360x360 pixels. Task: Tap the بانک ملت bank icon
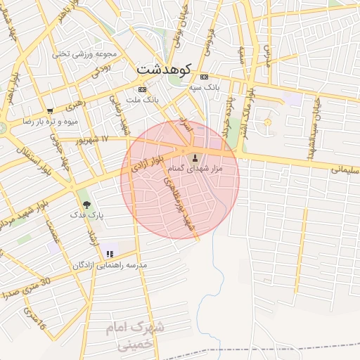click(x=143, y=90)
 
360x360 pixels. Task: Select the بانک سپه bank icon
click(x=204, y=77)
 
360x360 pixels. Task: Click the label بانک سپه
click(x=205, y=88)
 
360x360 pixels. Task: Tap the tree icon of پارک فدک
click(x=86, y=205)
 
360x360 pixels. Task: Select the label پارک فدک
click(x=87, y=217)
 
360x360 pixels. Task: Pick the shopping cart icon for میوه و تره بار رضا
click(x=50, y=110)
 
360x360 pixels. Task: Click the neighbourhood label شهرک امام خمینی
click(x=134, y=335)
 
